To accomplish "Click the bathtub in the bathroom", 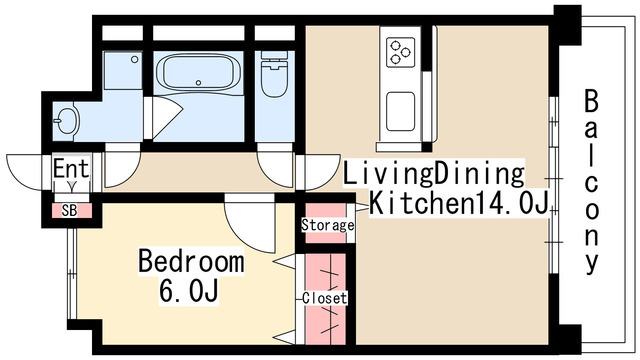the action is [x=198, y=72].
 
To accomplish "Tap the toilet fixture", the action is [x=274, y=74].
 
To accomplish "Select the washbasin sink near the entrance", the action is [x=67, y=121].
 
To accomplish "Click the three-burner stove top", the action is [x=400, y=53].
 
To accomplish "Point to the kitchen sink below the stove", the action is [x=400, y=111].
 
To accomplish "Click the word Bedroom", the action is [x=191, y=261].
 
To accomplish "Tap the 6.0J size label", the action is [x=188, y=290].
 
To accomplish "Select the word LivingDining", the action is [x=433, y=173].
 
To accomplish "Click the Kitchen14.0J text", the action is [x=458, y=202].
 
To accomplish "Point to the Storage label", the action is [x=328, y=225].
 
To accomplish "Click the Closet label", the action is [x=325, y=298].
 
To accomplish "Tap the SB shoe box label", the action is [x=69, y=211].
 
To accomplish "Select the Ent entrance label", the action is [x=71, y=168].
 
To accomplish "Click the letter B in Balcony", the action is [x=591, y=101].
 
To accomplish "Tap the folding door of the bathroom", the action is [x=163, y=117].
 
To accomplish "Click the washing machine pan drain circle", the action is [x=134, y=60].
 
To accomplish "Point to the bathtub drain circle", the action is [x=198, y=82].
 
